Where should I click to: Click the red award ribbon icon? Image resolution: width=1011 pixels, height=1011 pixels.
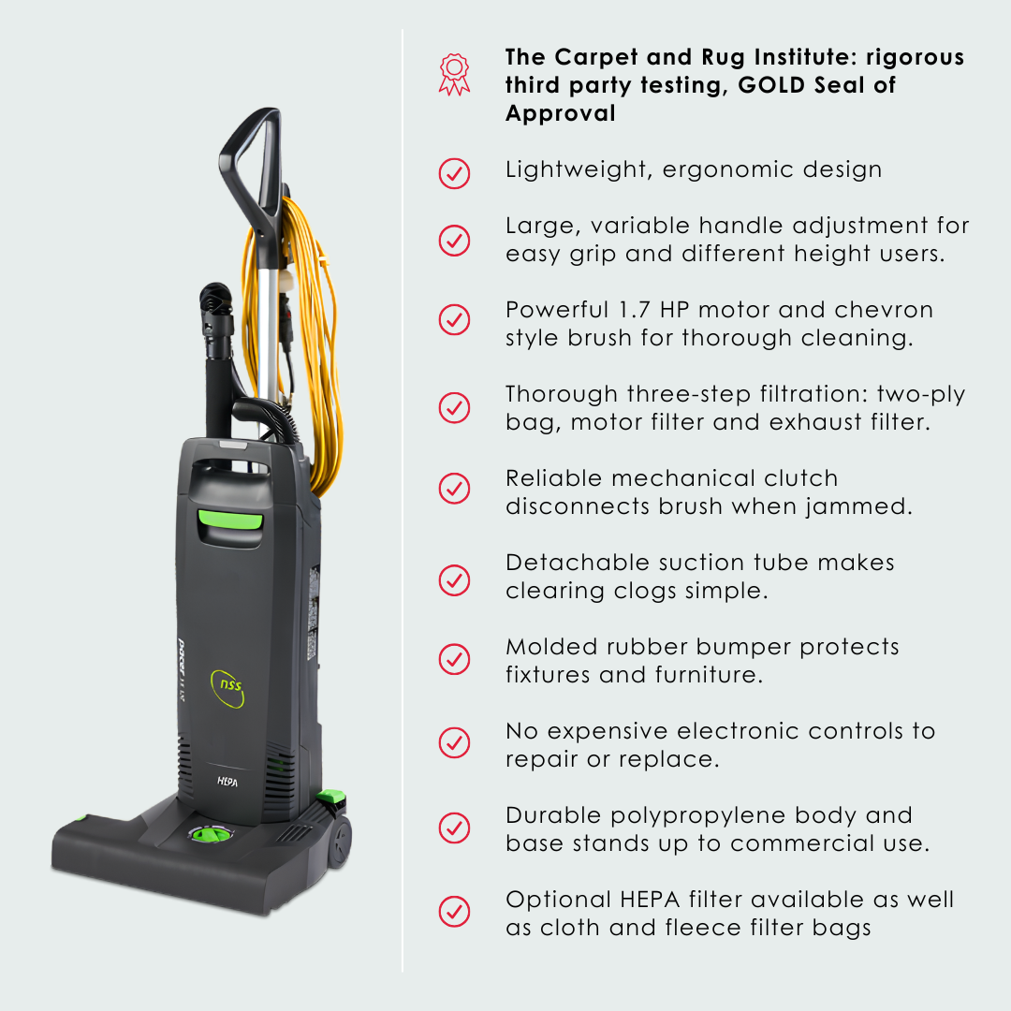coord(454,74)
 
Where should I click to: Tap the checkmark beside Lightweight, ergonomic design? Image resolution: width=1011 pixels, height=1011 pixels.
coord(454,172)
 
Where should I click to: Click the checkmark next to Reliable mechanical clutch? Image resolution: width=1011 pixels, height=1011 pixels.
coord(454,488)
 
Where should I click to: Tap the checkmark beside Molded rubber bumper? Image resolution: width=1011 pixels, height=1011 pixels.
coord(454,658)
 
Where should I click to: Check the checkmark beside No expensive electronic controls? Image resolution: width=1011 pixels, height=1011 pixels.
coord(454,742)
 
